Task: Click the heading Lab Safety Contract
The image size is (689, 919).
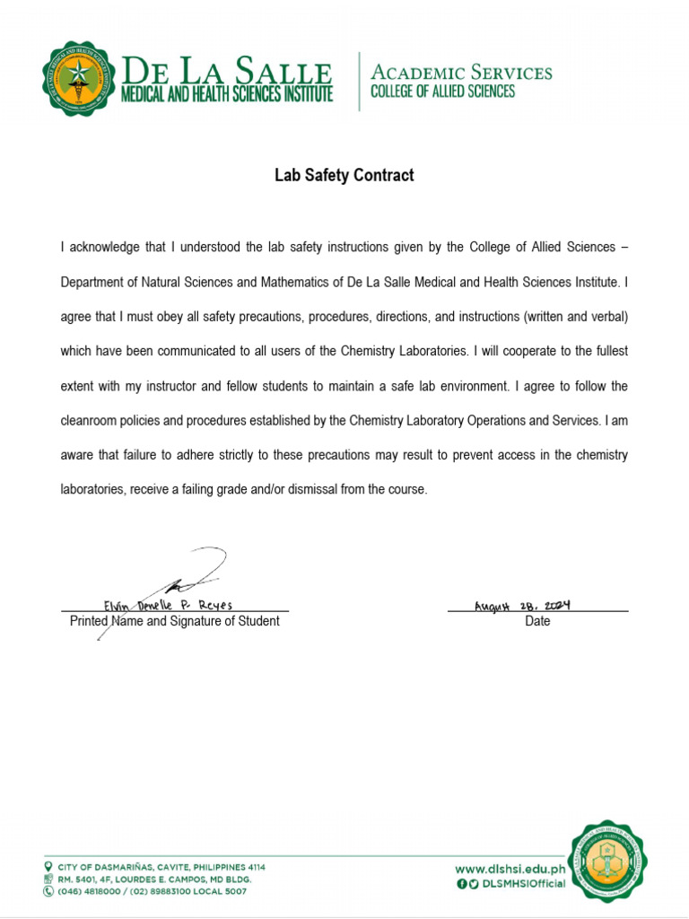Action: [344, 176]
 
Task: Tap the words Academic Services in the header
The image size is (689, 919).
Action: [461, 72]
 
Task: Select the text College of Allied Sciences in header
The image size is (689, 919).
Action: [443, 92]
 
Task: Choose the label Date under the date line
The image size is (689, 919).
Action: [537, 621]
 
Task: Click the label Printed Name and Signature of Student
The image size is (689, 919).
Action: [174, 621]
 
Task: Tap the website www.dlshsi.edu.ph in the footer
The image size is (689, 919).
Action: [510, 869]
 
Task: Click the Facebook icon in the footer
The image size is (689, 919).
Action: [461, 884]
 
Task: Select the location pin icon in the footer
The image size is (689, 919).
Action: [48, 867]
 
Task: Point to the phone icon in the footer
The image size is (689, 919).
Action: [48, 891]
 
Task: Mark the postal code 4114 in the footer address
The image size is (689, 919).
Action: [252, 867]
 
